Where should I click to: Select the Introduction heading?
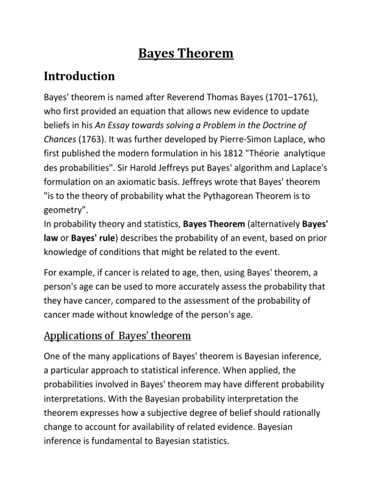click(x=79, y=77)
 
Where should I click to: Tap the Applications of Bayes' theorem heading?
click(x=118, y=336)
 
